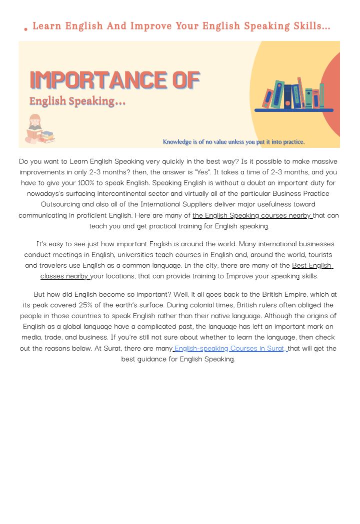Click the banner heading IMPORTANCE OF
[x=114, y=80]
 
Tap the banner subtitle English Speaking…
[x=77, y=101]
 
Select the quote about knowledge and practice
[x=233, y=142]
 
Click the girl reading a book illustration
[x=34, y=129]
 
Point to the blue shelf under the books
[x=293, y=110]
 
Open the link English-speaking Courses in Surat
[x=229, y=348]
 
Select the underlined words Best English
[x=312, y=265]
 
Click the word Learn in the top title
[x=46, y=26]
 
